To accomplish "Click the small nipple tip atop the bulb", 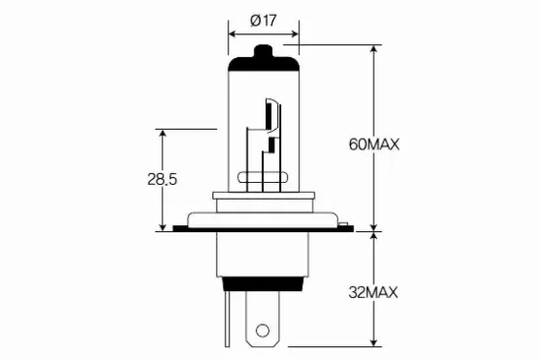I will [263, 50].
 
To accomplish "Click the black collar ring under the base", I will [263, 282].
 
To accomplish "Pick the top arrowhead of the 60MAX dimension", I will [374, 49].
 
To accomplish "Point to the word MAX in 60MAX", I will [386, 144].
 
